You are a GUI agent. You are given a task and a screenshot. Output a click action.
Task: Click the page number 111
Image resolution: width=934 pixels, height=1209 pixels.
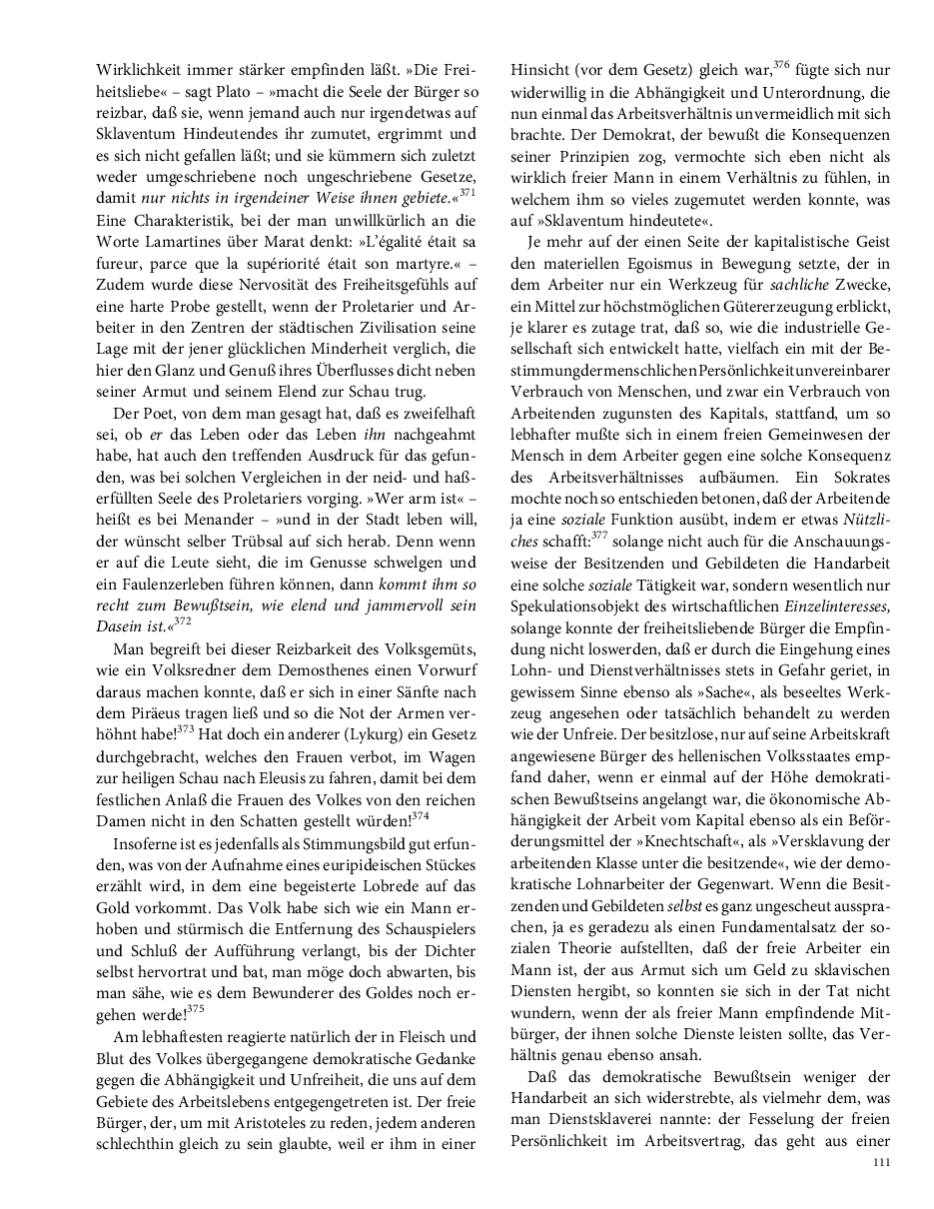coord(880,1162)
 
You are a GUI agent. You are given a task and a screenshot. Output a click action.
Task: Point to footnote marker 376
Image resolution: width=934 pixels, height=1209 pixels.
coord(781,67)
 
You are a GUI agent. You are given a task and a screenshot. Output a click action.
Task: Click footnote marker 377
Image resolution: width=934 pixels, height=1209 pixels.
coord(598,535)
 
